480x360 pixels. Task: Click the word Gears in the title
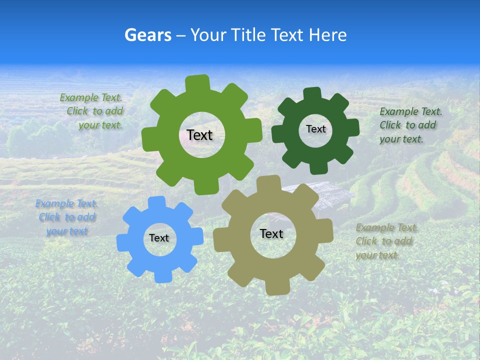tap(147, 35)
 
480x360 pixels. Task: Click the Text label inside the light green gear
tap(199, 135)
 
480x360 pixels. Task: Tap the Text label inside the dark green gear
tap(315, 129)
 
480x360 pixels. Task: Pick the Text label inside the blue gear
tap(159, 238)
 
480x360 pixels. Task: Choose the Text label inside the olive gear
tap(271, 233)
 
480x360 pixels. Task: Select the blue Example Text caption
tap(66, 217)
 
